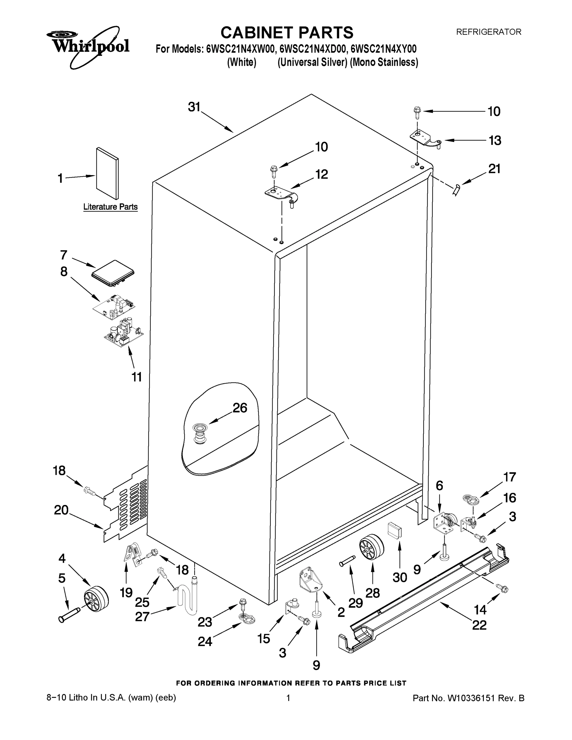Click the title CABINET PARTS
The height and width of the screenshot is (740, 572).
click(x=287, y=33)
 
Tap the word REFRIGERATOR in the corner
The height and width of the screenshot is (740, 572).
click(x=488, y=32)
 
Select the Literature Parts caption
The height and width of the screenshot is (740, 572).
click(x=110, y=207)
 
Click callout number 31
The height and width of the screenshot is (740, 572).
click(x=195, y=107)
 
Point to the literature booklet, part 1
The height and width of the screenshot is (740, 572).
click(x=107, y=173)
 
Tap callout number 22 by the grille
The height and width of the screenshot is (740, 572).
click(x=479, y=625)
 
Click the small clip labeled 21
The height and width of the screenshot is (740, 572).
click(x=456, y=191)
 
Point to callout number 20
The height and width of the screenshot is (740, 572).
click(x=61, y=510)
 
